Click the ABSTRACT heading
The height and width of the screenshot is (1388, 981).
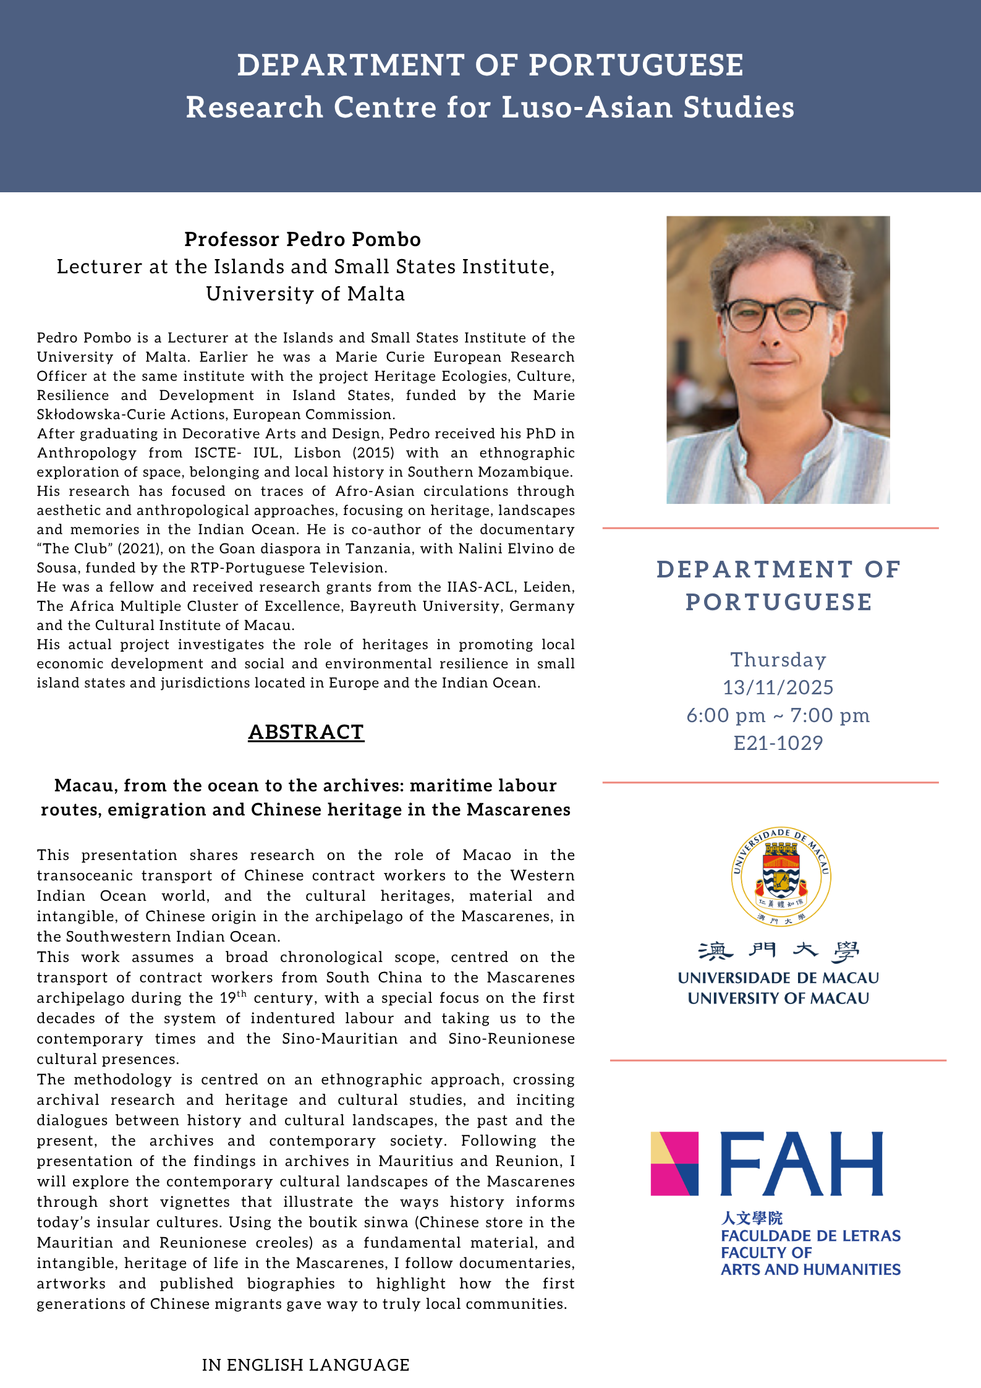click(306, 732)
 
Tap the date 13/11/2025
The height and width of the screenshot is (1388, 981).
click(778, 688)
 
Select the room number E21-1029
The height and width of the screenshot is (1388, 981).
click(778, 743)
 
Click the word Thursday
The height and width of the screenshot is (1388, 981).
click(778, 660)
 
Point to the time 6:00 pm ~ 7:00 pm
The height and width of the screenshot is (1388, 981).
click(778, 715)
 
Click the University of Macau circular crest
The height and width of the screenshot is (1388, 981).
click(781, 877)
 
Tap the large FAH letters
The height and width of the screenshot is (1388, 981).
click(802, 1164)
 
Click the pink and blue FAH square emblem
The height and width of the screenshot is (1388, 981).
click(674, 1164)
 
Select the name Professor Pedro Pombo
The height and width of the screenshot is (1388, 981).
click(303, 239)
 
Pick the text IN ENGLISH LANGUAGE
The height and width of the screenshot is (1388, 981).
click(306, 1365)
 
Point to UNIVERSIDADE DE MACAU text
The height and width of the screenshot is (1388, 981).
click(778, 978)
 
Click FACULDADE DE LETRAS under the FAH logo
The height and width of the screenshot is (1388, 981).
click(810, 1236)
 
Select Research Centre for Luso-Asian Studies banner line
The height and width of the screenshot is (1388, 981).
click(490, 107)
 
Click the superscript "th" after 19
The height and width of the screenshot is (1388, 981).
click(242, 994)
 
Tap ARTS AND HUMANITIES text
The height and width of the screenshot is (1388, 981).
click(810, 1269)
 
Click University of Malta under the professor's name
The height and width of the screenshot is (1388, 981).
click(306, 294)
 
